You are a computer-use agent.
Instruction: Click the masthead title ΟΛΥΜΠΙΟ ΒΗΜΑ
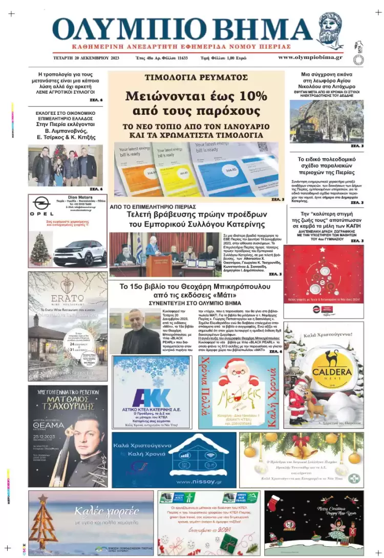coord(182,30)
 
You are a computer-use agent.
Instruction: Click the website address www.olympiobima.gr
coord(310,57)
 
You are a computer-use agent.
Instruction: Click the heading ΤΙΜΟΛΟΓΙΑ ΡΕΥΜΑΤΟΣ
coord(196,77)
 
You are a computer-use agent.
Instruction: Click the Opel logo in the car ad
coord(40,203)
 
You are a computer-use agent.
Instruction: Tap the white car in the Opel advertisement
coord(80,253)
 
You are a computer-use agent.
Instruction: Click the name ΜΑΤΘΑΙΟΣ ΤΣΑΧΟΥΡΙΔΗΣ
coord(68,399)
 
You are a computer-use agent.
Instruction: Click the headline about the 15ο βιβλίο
coord(196,291)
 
